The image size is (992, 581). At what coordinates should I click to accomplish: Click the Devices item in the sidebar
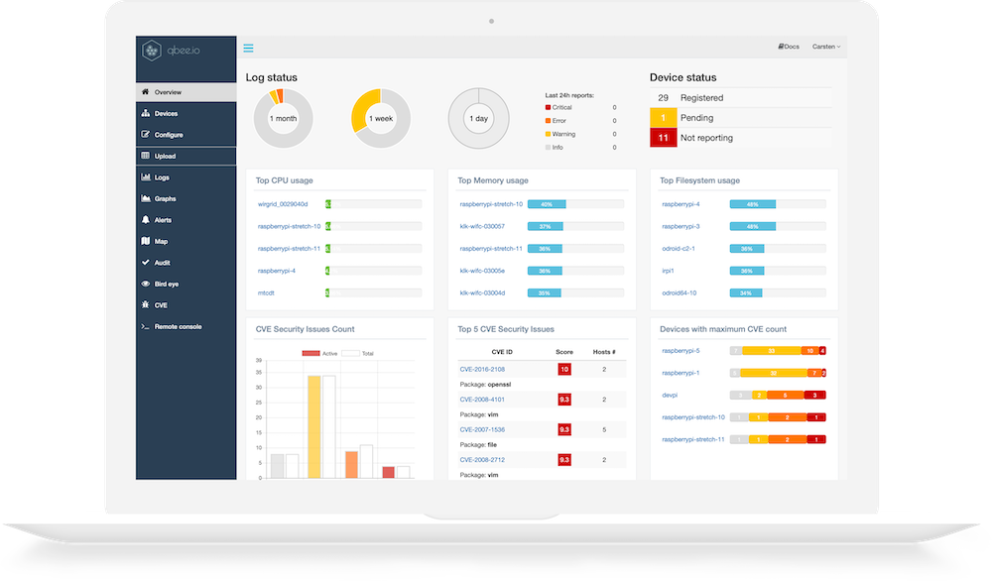tap(166, 114)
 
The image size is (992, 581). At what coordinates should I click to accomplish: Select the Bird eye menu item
tap(167, 284)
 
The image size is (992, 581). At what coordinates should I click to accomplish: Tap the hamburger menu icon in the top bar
tap(248, 48)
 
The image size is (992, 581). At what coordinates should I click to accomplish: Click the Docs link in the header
tap(790, 47)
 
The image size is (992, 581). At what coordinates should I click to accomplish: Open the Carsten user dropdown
tap(825, 47)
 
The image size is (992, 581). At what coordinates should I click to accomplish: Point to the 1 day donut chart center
tap(478, 119)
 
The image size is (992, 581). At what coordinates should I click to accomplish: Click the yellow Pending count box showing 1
tap(663, 118)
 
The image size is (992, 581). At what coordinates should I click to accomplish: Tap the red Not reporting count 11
tap(663, 138)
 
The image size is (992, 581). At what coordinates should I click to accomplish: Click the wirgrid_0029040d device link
tap(283, 204)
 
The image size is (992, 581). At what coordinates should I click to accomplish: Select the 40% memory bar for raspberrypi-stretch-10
tap(547, 204)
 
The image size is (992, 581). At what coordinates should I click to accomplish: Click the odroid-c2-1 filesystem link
tap(679, 249)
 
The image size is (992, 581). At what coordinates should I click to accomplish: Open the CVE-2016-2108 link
tap(483, 369)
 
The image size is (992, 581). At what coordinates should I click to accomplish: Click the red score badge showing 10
tap(563, 369)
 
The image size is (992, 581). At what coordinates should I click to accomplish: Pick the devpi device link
tap(670, 395)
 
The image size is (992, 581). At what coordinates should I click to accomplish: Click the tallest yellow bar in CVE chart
tap(313, 426)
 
